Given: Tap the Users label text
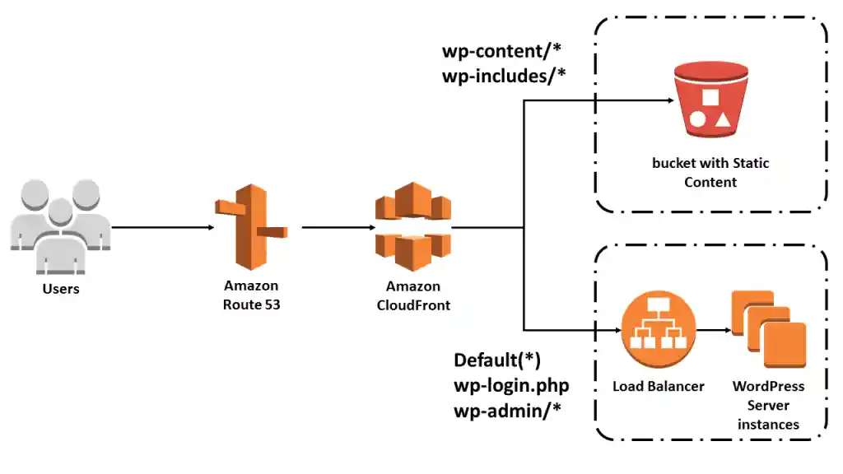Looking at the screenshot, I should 61,289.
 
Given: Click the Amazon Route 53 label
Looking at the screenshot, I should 251,295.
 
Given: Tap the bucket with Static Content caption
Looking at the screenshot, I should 710,172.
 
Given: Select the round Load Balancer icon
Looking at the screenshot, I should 658,332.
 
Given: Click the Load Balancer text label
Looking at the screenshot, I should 658,386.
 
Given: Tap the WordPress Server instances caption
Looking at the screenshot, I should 768,405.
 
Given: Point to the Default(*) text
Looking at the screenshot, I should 497,360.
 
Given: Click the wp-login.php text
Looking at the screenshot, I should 511,384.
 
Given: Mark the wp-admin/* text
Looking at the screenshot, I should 507,409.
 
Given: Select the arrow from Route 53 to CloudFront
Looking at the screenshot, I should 333,227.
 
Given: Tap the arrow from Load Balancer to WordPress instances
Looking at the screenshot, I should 712,332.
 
